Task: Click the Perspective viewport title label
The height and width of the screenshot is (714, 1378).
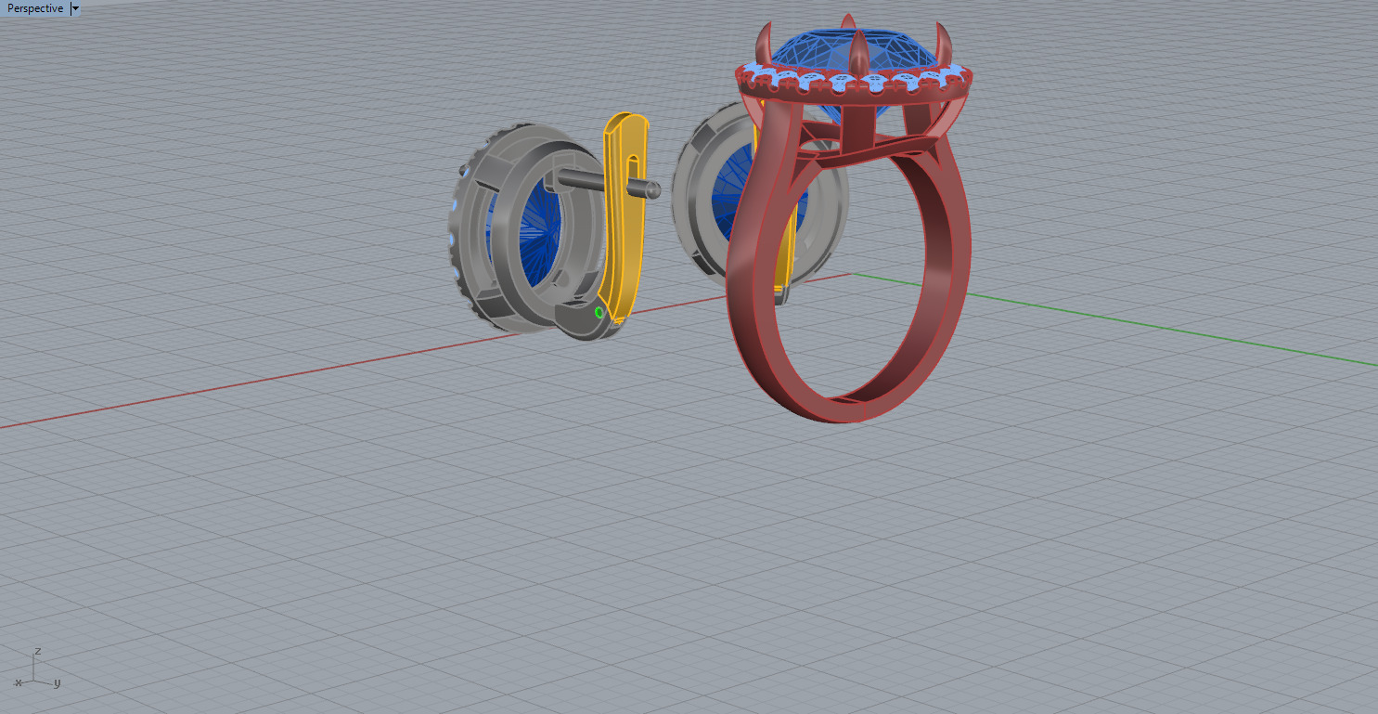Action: (35, 8)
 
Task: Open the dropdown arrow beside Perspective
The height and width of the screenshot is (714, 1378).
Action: (75, 8)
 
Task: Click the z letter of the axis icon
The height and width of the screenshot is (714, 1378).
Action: (37, 651)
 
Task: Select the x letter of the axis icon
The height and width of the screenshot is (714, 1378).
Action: (18, 682)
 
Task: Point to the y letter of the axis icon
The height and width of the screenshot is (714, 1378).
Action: (58, 683)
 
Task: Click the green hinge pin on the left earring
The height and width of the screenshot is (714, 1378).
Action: (599, 313)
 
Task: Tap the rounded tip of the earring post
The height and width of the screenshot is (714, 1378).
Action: (654, 190)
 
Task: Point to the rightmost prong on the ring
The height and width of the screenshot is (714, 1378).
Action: (947, 42)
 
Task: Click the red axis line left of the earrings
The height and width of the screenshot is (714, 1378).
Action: (232, 386)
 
